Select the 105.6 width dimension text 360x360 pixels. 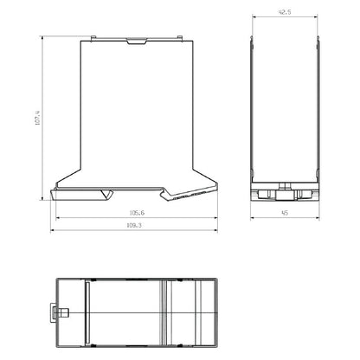(137, 213)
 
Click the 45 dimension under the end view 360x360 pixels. (285, 212)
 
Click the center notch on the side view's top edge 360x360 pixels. (136, 40)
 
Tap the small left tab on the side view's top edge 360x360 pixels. (93, 37)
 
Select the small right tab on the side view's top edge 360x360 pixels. (179, 37)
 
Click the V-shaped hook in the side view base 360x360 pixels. (106, 192)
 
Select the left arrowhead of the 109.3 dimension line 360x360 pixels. (55, 229)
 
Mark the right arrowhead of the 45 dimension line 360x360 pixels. (318, 217)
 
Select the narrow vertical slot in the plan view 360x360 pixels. (87, 312)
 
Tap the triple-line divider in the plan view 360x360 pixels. (167, 312)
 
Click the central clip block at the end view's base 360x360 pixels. (285, 191)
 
